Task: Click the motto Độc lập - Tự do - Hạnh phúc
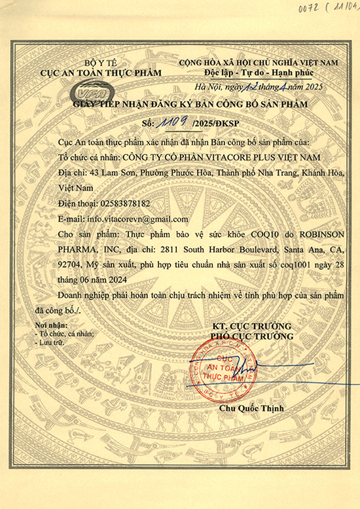[x=259, y=72]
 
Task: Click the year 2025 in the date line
[x=311, y=88]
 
